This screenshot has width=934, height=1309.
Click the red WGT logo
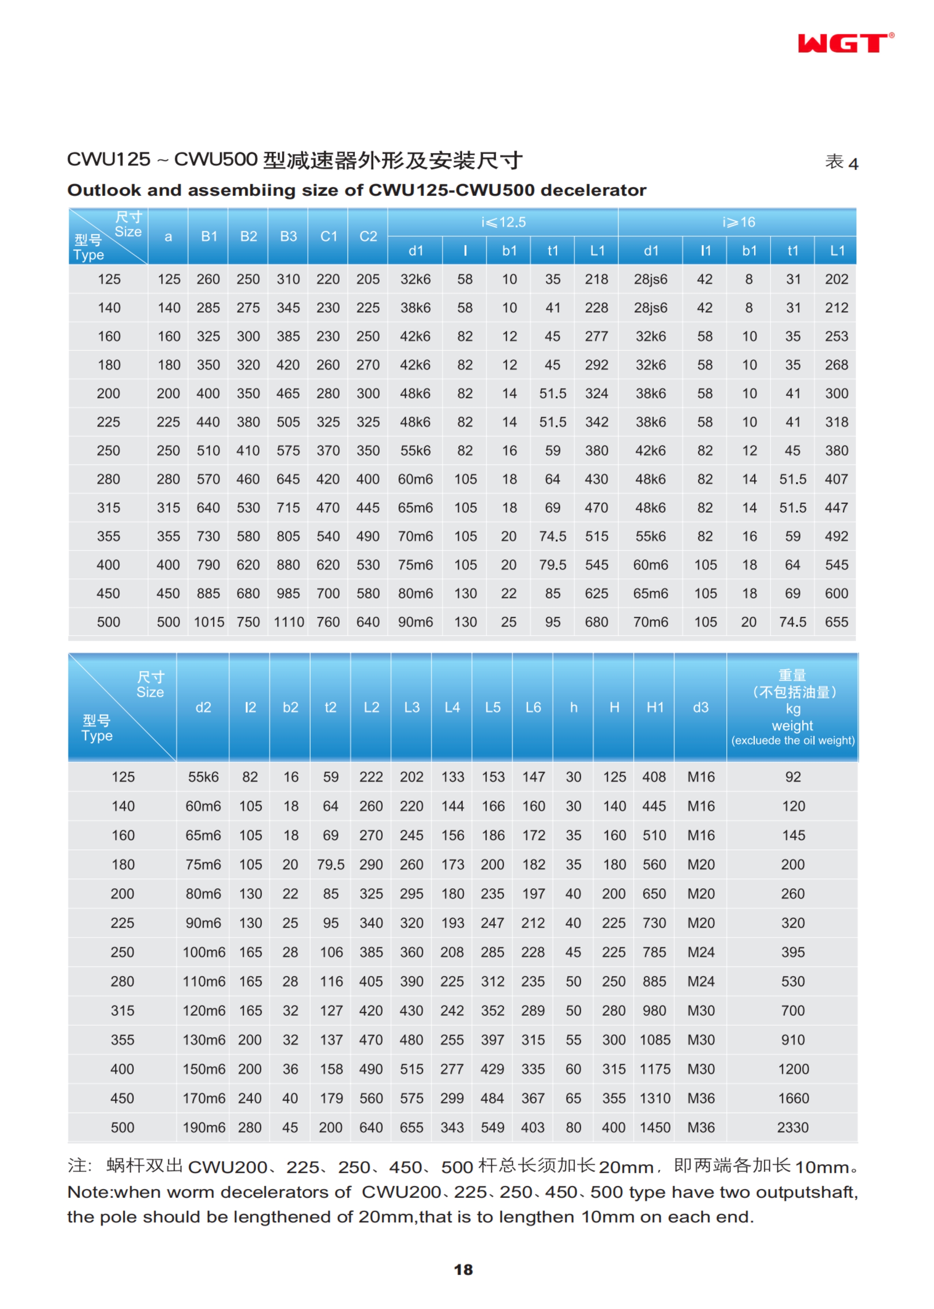tap(844, 43)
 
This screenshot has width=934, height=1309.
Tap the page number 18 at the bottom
tap(463, 1269)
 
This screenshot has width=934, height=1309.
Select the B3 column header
tap(288, 237)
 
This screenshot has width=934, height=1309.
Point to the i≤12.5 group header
tap(503, 222)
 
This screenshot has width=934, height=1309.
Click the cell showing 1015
tap(209, 622)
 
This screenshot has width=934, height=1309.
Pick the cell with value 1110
tap(288, 622)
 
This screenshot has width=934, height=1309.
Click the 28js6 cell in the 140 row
tap(650, 308)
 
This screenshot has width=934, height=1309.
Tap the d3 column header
tap(701, 707)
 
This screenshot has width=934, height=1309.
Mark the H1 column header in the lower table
tap(654, 707)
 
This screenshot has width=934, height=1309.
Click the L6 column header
tap(533, 707)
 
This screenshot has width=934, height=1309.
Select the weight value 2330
tap(793, 1127)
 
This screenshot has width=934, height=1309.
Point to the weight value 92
tap(793, 777)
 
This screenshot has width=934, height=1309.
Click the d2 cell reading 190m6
tap(204, 1127)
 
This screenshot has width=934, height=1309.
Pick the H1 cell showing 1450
tap(654, 1127)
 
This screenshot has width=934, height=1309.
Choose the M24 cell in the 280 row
tap(701, 981)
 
